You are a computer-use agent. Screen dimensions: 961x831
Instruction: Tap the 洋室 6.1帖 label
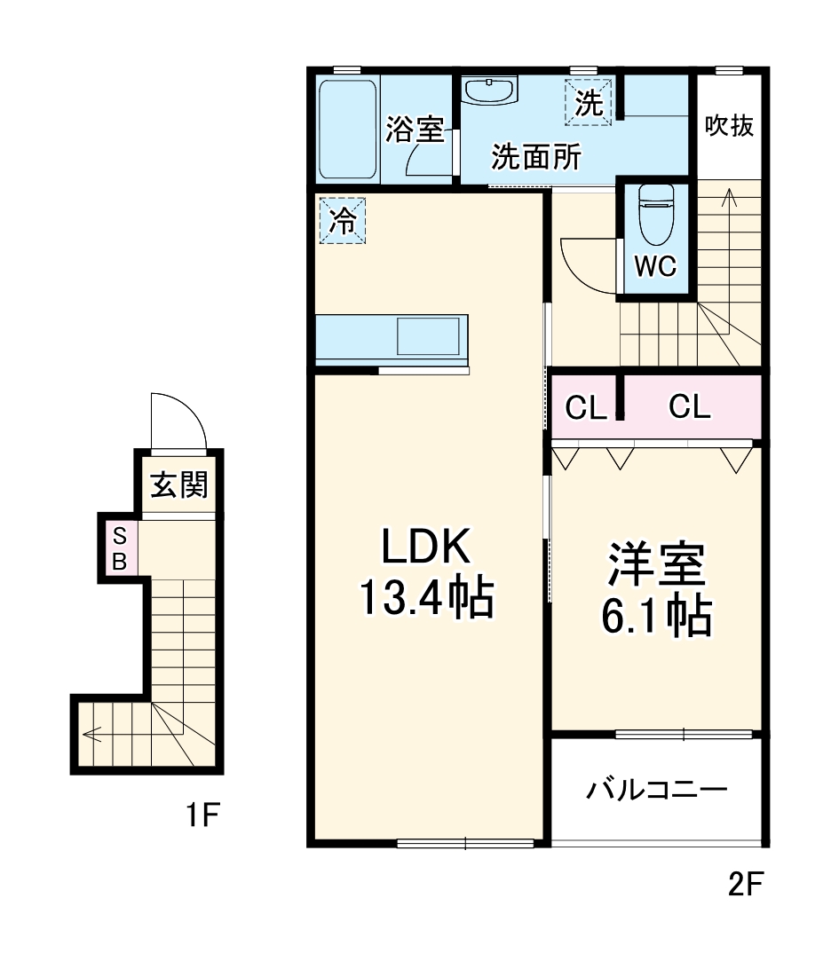(x=657, y=590)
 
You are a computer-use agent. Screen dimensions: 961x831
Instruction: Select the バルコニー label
(x=657, y=789)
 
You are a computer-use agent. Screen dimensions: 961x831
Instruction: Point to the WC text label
(x=656, y=265)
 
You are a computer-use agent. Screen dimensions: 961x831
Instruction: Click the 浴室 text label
(x=415, y=130)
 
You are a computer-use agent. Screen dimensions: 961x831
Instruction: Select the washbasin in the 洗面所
(x=489, y=91)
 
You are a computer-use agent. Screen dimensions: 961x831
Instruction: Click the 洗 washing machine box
(x=588, y=103)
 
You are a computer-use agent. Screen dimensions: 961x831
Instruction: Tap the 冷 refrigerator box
(x=342, y=222)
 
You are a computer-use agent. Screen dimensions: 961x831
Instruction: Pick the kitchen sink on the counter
(x=427, y=337)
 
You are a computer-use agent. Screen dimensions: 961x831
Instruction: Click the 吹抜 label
(x=729, y=126)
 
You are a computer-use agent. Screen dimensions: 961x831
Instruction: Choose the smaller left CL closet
(x=585, y=408)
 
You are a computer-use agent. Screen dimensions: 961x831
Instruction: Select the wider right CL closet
(x=690, y=408)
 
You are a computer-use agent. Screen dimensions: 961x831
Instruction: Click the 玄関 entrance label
(x=178, y=485)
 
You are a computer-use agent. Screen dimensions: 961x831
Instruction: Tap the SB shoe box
(x=119, y=548)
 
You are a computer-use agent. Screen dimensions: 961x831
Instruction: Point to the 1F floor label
(x=202, y=813)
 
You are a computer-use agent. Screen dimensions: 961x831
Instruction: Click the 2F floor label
(x=745, y=884)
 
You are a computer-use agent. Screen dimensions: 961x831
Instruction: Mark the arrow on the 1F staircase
(x=91, y=734)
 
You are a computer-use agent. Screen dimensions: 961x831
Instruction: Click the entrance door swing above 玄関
(x=178, y=421)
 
